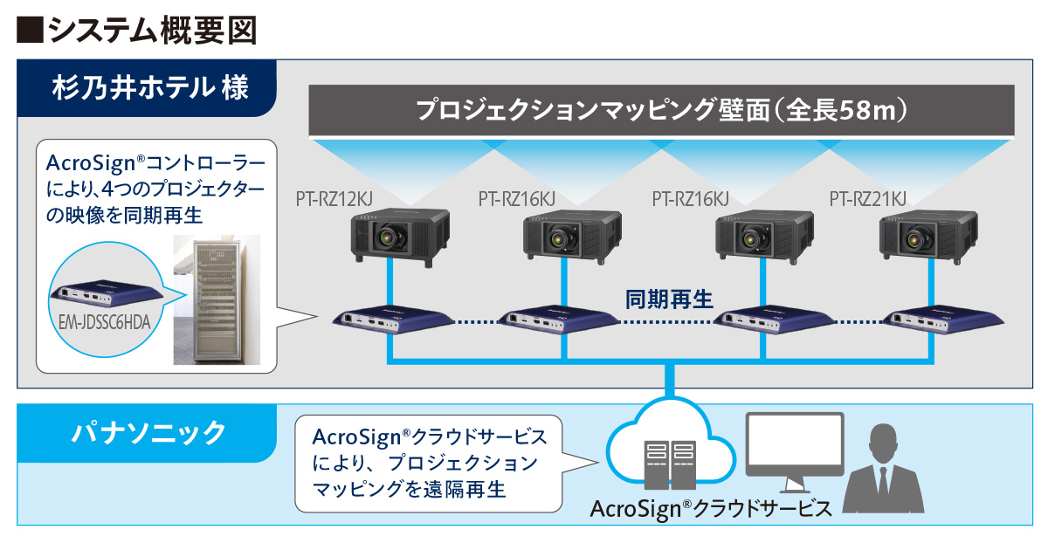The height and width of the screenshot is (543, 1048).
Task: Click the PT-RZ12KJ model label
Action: pos(334,200)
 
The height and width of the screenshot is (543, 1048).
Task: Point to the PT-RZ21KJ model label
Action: pos(867,200)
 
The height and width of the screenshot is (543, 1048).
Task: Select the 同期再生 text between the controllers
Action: pos(669,299)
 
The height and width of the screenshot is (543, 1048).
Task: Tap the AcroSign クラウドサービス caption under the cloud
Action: pos(711,509)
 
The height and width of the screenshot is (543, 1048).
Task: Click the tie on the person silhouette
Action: pos(887,485)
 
